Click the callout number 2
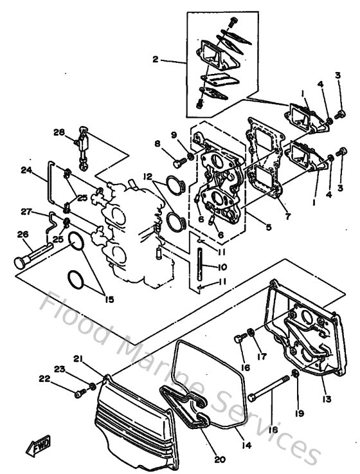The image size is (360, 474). coord(155,60)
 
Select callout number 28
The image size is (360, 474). coord(59,132)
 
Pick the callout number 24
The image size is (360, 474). coord(26,170)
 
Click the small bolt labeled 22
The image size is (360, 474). coord(82,390)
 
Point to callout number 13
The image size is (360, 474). coord(327,399)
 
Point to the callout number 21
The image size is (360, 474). coord(78,358)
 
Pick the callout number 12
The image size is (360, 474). coord(147,176)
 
